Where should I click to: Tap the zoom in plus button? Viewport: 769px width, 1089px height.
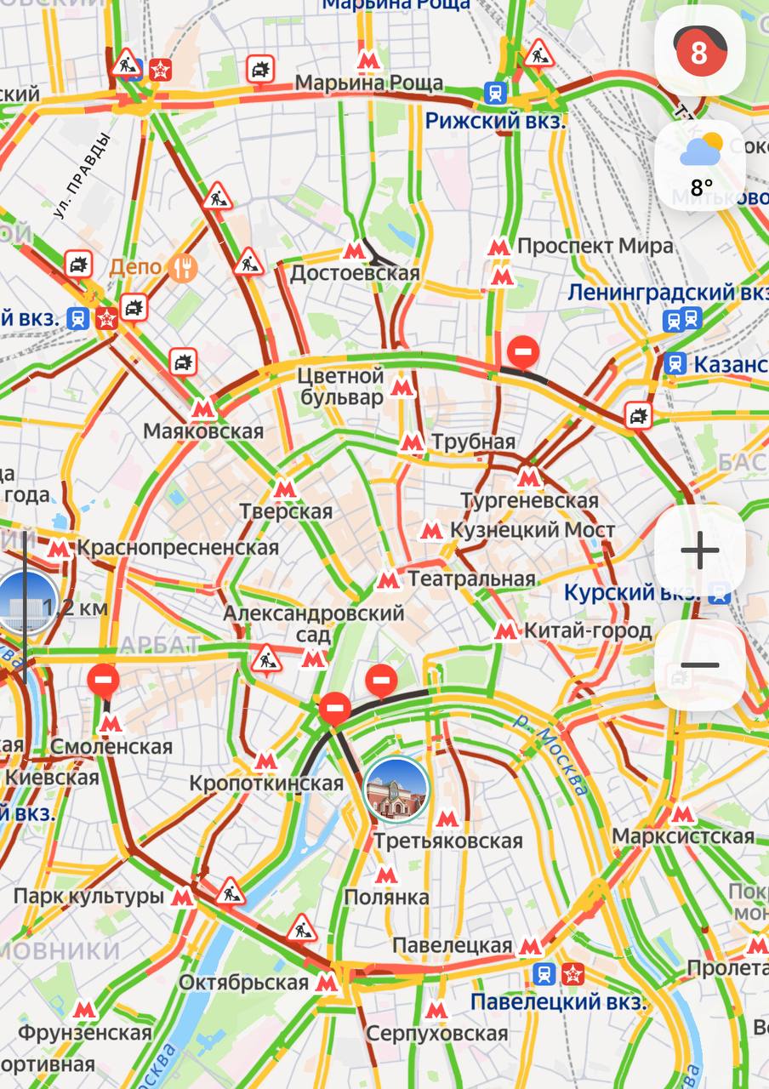[699, 550]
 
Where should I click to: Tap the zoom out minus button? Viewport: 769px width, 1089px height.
[699, 665]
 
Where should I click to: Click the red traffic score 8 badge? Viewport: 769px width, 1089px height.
[698, 52]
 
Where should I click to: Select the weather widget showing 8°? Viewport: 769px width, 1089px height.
[700, 165]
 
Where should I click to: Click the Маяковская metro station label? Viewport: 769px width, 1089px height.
[203, 430]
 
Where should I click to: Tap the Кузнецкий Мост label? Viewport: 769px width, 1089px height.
[532, 530]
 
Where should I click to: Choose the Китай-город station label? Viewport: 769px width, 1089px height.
[588, 630]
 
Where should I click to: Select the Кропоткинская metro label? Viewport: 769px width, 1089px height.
[265, 782]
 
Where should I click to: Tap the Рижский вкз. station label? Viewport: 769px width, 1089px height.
[495, 120]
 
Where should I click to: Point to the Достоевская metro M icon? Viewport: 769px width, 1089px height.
[354, 251]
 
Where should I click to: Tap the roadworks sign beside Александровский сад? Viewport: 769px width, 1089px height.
[266, 659]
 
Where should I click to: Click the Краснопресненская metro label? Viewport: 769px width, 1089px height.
[177, 547]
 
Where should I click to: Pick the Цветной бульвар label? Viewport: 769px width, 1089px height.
[340, 386]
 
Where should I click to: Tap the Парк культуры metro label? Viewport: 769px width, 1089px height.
[88, 896]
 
